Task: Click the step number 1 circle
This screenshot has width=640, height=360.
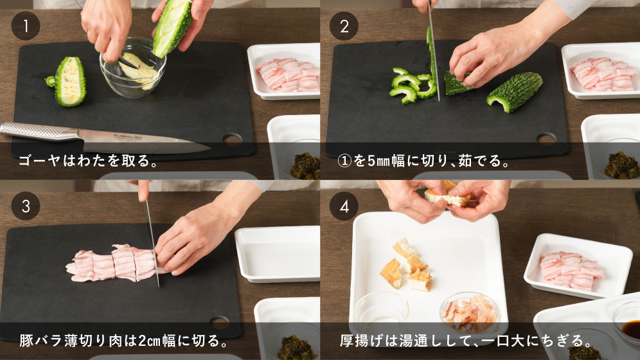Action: coord(25,26)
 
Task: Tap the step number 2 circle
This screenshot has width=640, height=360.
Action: coord(344,26)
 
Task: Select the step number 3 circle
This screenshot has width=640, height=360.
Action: coord(25,206)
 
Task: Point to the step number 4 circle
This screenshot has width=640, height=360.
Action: coord(344,206)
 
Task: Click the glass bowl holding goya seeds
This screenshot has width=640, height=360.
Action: coord(133,69)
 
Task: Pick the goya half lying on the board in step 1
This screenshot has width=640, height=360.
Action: coord(68,82)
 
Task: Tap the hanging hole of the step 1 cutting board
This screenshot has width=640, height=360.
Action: coord(232,139)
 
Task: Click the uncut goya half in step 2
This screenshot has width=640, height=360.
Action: coord(515,91)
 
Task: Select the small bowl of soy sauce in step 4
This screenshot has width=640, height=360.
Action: coord(627,321)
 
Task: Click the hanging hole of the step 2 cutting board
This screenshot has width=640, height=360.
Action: coord(547,139)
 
